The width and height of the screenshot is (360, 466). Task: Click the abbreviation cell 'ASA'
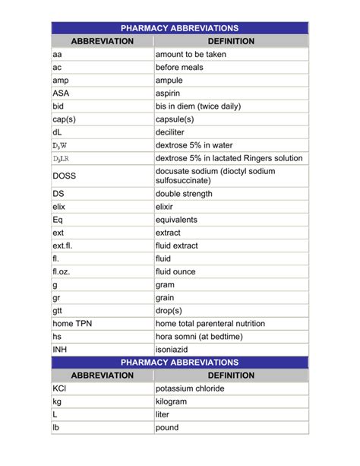[x=60, y=94]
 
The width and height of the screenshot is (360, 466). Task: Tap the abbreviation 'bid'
[x=58, y=106]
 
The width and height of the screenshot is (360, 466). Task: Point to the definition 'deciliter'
[x=174, y=132]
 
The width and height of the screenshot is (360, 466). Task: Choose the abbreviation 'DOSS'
[x=65, y=176]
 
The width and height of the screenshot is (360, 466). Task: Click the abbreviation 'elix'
[x=59, y=207]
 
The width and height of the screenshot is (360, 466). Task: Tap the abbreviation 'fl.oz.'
[x=63, y=271]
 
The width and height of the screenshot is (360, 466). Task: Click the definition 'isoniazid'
[x=173, y=349]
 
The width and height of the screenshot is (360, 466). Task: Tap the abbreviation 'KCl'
[x=60, y=388]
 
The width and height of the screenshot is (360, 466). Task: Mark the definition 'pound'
[x=167, y=427]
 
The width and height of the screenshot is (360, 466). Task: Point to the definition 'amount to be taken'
[x=191, y=55]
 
